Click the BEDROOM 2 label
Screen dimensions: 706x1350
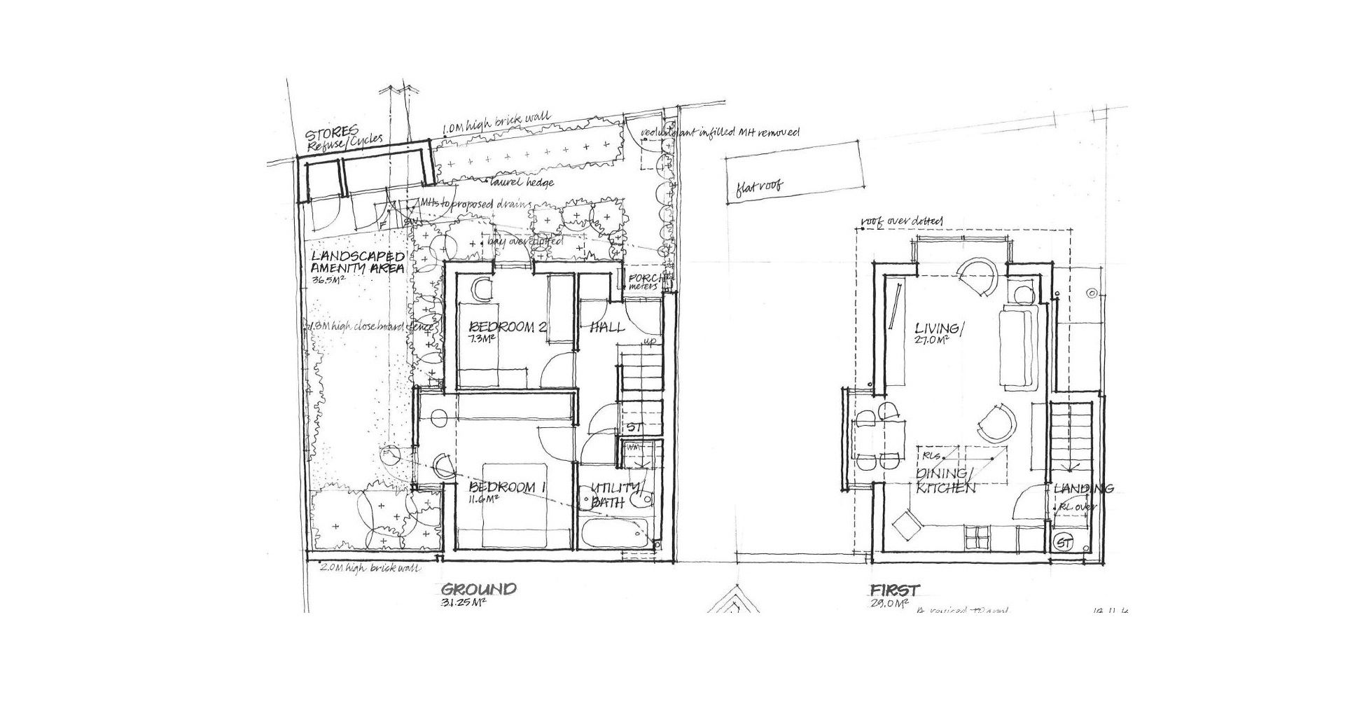[x=508, y=327]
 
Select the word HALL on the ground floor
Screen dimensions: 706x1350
[x=607, y=327]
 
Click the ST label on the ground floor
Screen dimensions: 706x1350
[x=634, y=427]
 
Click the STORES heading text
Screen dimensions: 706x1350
[x=332, y=132]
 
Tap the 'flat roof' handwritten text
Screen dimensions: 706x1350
[x=759, y=186]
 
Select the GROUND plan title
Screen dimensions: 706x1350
[x=479, y=589]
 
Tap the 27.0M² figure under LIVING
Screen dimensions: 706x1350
[x=931, y=340]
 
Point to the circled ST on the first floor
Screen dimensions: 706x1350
[x=1064, y=542]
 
